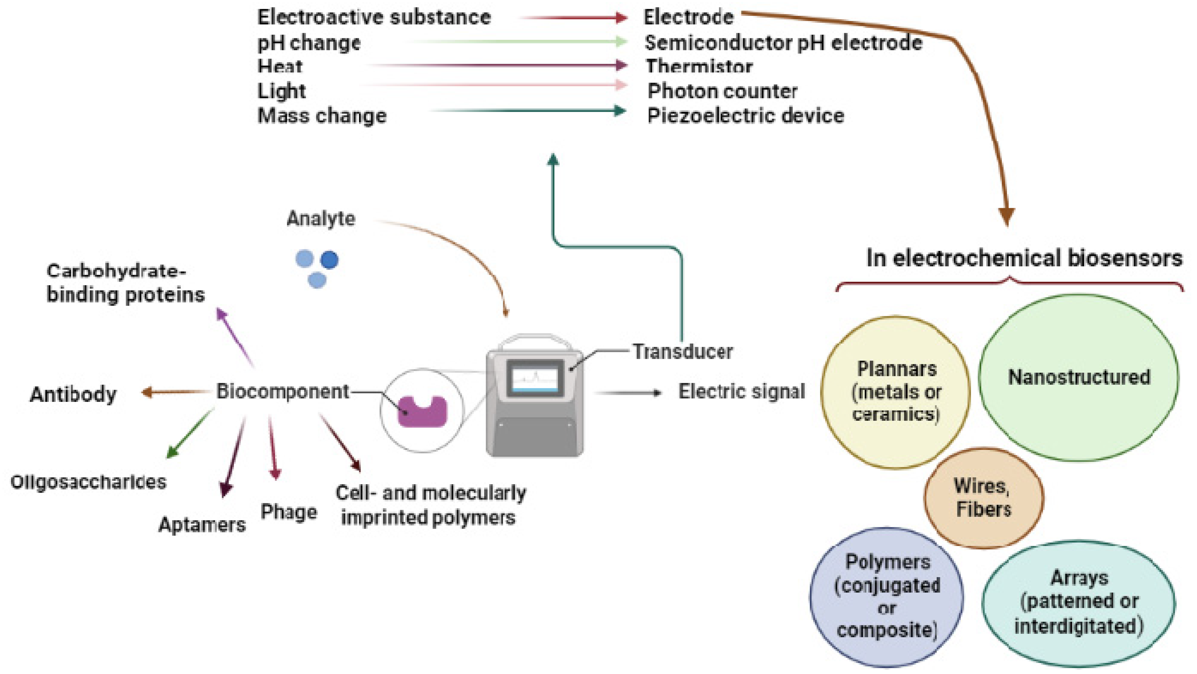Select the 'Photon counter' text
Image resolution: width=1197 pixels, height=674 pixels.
(x=722, y=91)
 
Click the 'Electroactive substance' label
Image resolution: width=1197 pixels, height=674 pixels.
(x=374, y=17)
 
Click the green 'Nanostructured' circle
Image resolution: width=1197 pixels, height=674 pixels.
(x=1078, y=377)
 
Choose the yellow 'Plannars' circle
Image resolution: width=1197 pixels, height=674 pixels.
(x=895, y=392)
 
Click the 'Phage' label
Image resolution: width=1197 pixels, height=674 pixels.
(x=289, y=512)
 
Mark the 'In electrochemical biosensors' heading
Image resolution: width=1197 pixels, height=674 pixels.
(x=1024, y=258)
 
